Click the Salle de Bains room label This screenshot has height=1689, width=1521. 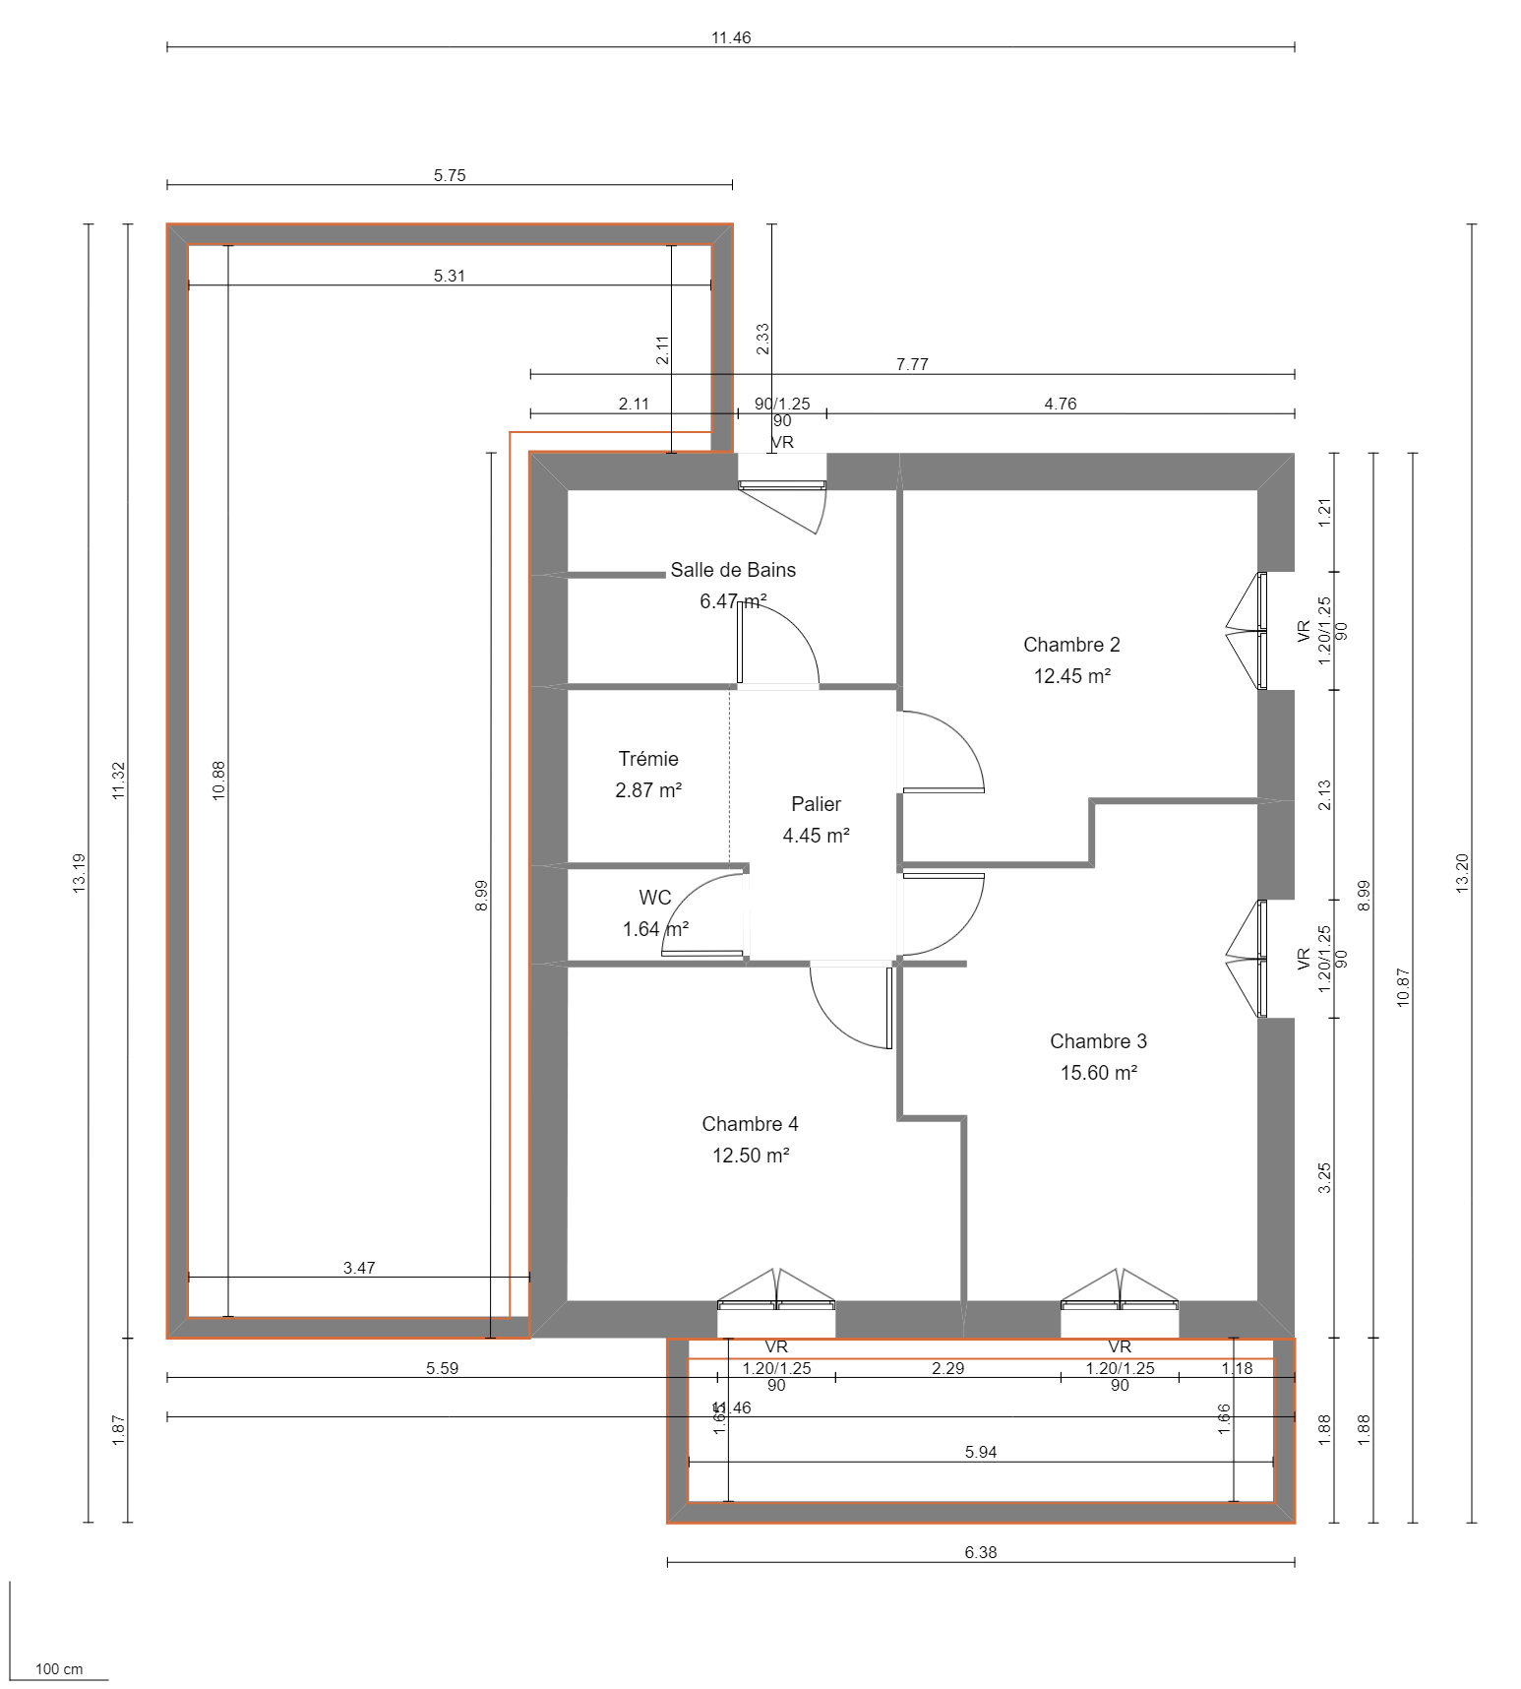pyautogui.click(x=733, y=570)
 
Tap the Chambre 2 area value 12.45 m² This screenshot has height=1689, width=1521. pyautogui.click(x=1071, y=676)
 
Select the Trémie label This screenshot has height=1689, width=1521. pyautogui.click(x=648, y=759)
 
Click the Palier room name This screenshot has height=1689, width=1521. pyautogui.click(x=816, y=804)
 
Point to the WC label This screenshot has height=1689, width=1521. pyautogui.click(x=655, y=898)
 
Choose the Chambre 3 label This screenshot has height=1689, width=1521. pyautogui.click(x=1098, y=1041)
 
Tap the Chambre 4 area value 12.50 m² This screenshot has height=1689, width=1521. pyautogui.click(x=751, y=1156)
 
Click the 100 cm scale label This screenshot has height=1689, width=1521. pyautogui.click(x=59, y=1669)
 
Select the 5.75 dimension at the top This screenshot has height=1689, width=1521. pyautogui.click(x=450, y=175)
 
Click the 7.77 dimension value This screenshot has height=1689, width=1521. pyautogui.click(x=912, y=364)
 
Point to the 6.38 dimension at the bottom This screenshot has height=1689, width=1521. pyautogui.click(x=980, y=1552)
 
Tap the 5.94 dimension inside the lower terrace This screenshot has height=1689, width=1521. pyautogui.click(x=981, y=1452)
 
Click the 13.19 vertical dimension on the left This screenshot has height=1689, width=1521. pyautogui.click(x=80, y=873)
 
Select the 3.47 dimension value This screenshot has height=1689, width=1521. pyautogui.click(x=359, y=1268)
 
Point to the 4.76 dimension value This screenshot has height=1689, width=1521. pyautogui.click(x=1060, y=404)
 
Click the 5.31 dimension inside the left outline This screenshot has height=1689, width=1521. pyautogui.click(x=450, y=276)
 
